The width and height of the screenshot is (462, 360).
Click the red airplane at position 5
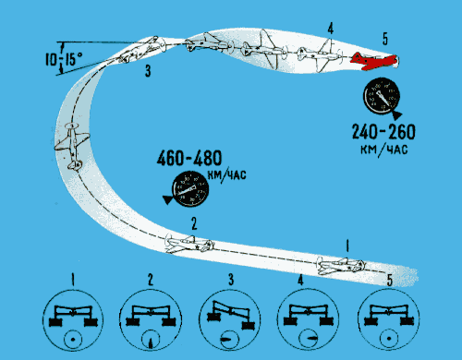(373, 61)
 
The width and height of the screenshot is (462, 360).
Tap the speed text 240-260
(383, 132)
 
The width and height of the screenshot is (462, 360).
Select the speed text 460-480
(189, 158)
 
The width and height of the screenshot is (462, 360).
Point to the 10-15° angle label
(64, 58)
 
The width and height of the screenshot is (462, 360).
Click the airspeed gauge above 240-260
(382, 96)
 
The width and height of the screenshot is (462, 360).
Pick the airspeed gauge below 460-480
(190, 189)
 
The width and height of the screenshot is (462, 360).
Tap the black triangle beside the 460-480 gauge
(168, 199)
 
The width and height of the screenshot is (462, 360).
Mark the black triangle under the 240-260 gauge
(396, 115)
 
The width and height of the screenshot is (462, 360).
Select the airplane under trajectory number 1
(341, 266)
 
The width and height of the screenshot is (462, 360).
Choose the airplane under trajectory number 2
(189, 244)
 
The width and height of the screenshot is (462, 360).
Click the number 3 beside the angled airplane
(148, 71)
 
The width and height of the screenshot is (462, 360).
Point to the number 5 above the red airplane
(385, 39)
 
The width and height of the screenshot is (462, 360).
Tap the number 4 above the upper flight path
(330, 29)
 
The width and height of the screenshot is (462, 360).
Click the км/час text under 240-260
(384, 150)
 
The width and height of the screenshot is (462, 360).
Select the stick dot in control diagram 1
(73, 340)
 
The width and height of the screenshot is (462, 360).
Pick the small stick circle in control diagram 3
(229, 340)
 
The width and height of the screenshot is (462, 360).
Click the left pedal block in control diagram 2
(133, 322)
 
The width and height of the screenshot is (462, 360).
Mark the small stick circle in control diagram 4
(309, 339)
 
